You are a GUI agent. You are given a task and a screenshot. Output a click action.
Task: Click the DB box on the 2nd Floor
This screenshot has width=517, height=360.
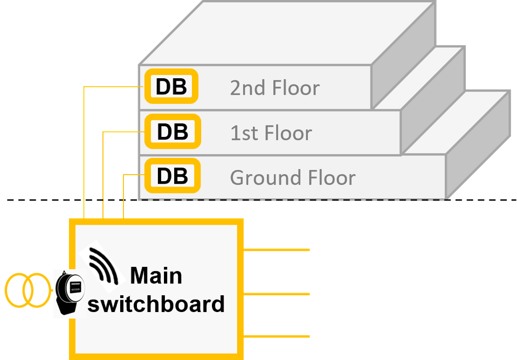pos(171,87)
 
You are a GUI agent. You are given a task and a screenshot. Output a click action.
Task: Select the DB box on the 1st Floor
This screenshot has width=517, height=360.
pos(172,131)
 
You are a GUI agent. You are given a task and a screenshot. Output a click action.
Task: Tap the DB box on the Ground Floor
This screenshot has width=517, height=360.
pos(172,176)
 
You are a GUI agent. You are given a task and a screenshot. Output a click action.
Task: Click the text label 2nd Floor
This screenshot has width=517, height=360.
pos(274,88)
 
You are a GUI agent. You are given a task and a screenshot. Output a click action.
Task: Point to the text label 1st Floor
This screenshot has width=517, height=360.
pos(271,133)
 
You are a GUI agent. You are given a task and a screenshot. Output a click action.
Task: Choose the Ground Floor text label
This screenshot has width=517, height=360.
pos(293,177)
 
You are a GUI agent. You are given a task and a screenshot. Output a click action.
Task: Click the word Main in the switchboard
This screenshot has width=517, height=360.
pos(156,276)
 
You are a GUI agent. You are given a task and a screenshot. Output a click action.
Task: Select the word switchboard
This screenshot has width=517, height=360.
pos(156,304)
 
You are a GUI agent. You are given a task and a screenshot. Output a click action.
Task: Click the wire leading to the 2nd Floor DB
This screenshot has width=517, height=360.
pos(85,151)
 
